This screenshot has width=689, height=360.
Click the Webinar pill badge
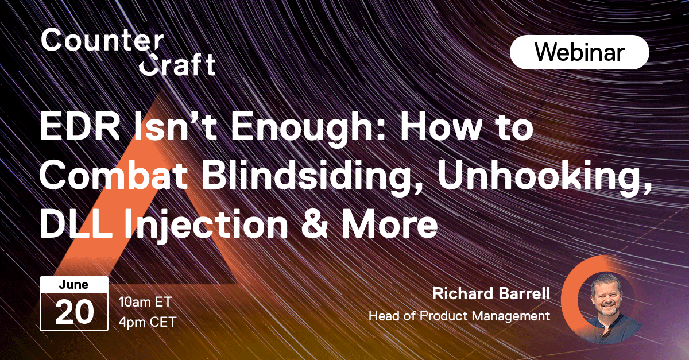coord(579,52)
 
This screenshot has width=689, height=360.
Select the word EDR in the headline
coord(80,126)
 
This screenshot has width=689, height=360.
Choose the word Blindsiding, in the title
coord(311,178)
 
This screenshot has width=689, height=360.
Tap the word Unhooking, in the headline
coord(545,178)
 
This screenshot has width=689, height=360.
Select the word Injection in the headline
coord(206,226)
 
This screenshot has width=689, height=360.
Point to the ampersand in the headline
coord(315,223)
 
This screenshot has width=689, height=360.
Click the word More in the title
coord(390,223)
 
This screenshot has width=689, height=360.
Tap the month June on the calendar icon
coord(73,285)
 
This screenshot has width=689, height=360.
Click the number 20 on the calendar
coord(75,312)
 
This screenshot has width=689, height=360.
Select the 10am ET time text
coord(145,302)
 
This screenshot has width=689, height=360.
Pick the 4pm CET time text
coord(148,322)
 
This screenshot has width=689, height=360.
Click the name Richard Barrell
coord(491,293)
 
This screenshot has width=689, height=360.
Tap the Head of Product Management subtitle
coord(459,316)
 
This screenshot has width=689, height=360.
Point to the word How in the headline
coord(441,126)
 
